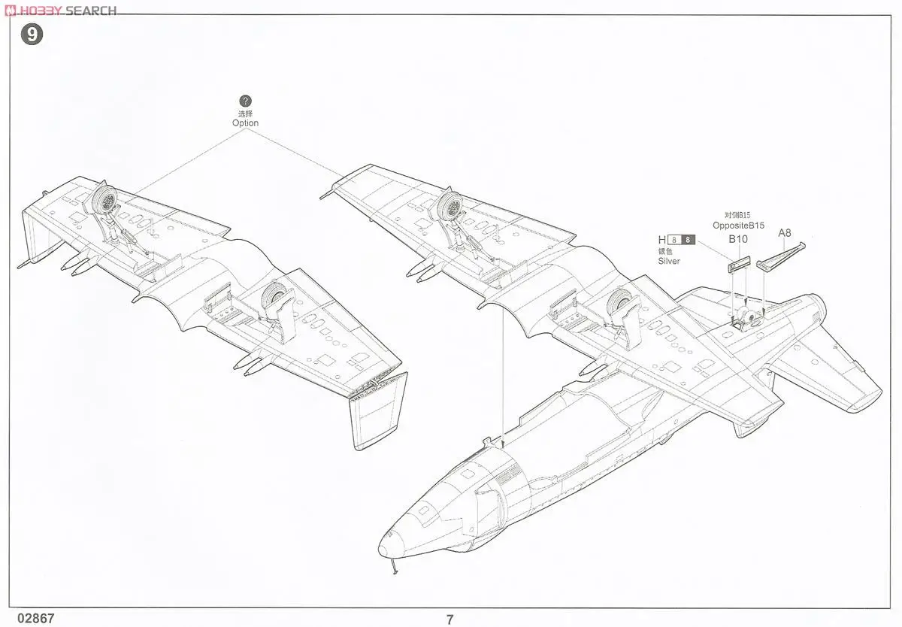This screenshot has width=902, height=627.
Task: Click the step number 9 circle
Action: tap(31, 35)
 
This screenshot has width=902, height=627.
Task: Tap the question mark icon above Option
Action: tap(245, 101)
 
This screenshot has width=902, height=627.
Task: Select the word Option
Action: tap(245, 123)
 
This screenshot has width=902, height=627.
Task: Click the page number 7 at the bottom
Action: tap(449, 619)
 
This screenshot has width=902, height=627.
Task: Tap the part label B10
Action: tap(737, 240)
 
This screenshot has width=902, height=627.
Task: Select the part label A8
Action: tap(784, 232)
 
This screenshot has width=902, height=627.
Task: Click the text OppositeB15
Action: tap(738, 225)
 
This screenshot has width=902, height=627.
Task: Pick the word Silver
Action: tap(668, 261)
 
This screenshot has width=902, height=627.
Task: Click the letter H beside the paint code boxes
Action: tap(662, 241)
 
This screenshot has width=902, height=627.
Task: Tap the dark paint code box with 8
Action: tap(688, 241)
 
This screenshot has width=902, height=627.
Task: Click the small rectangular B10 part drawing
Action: tap(739, 263)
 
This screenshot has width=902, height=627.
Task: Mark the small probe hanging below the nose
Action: tap(392, 568)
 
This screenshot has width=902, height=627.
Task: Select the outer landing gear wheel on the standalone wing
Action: tap(107, 201)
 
